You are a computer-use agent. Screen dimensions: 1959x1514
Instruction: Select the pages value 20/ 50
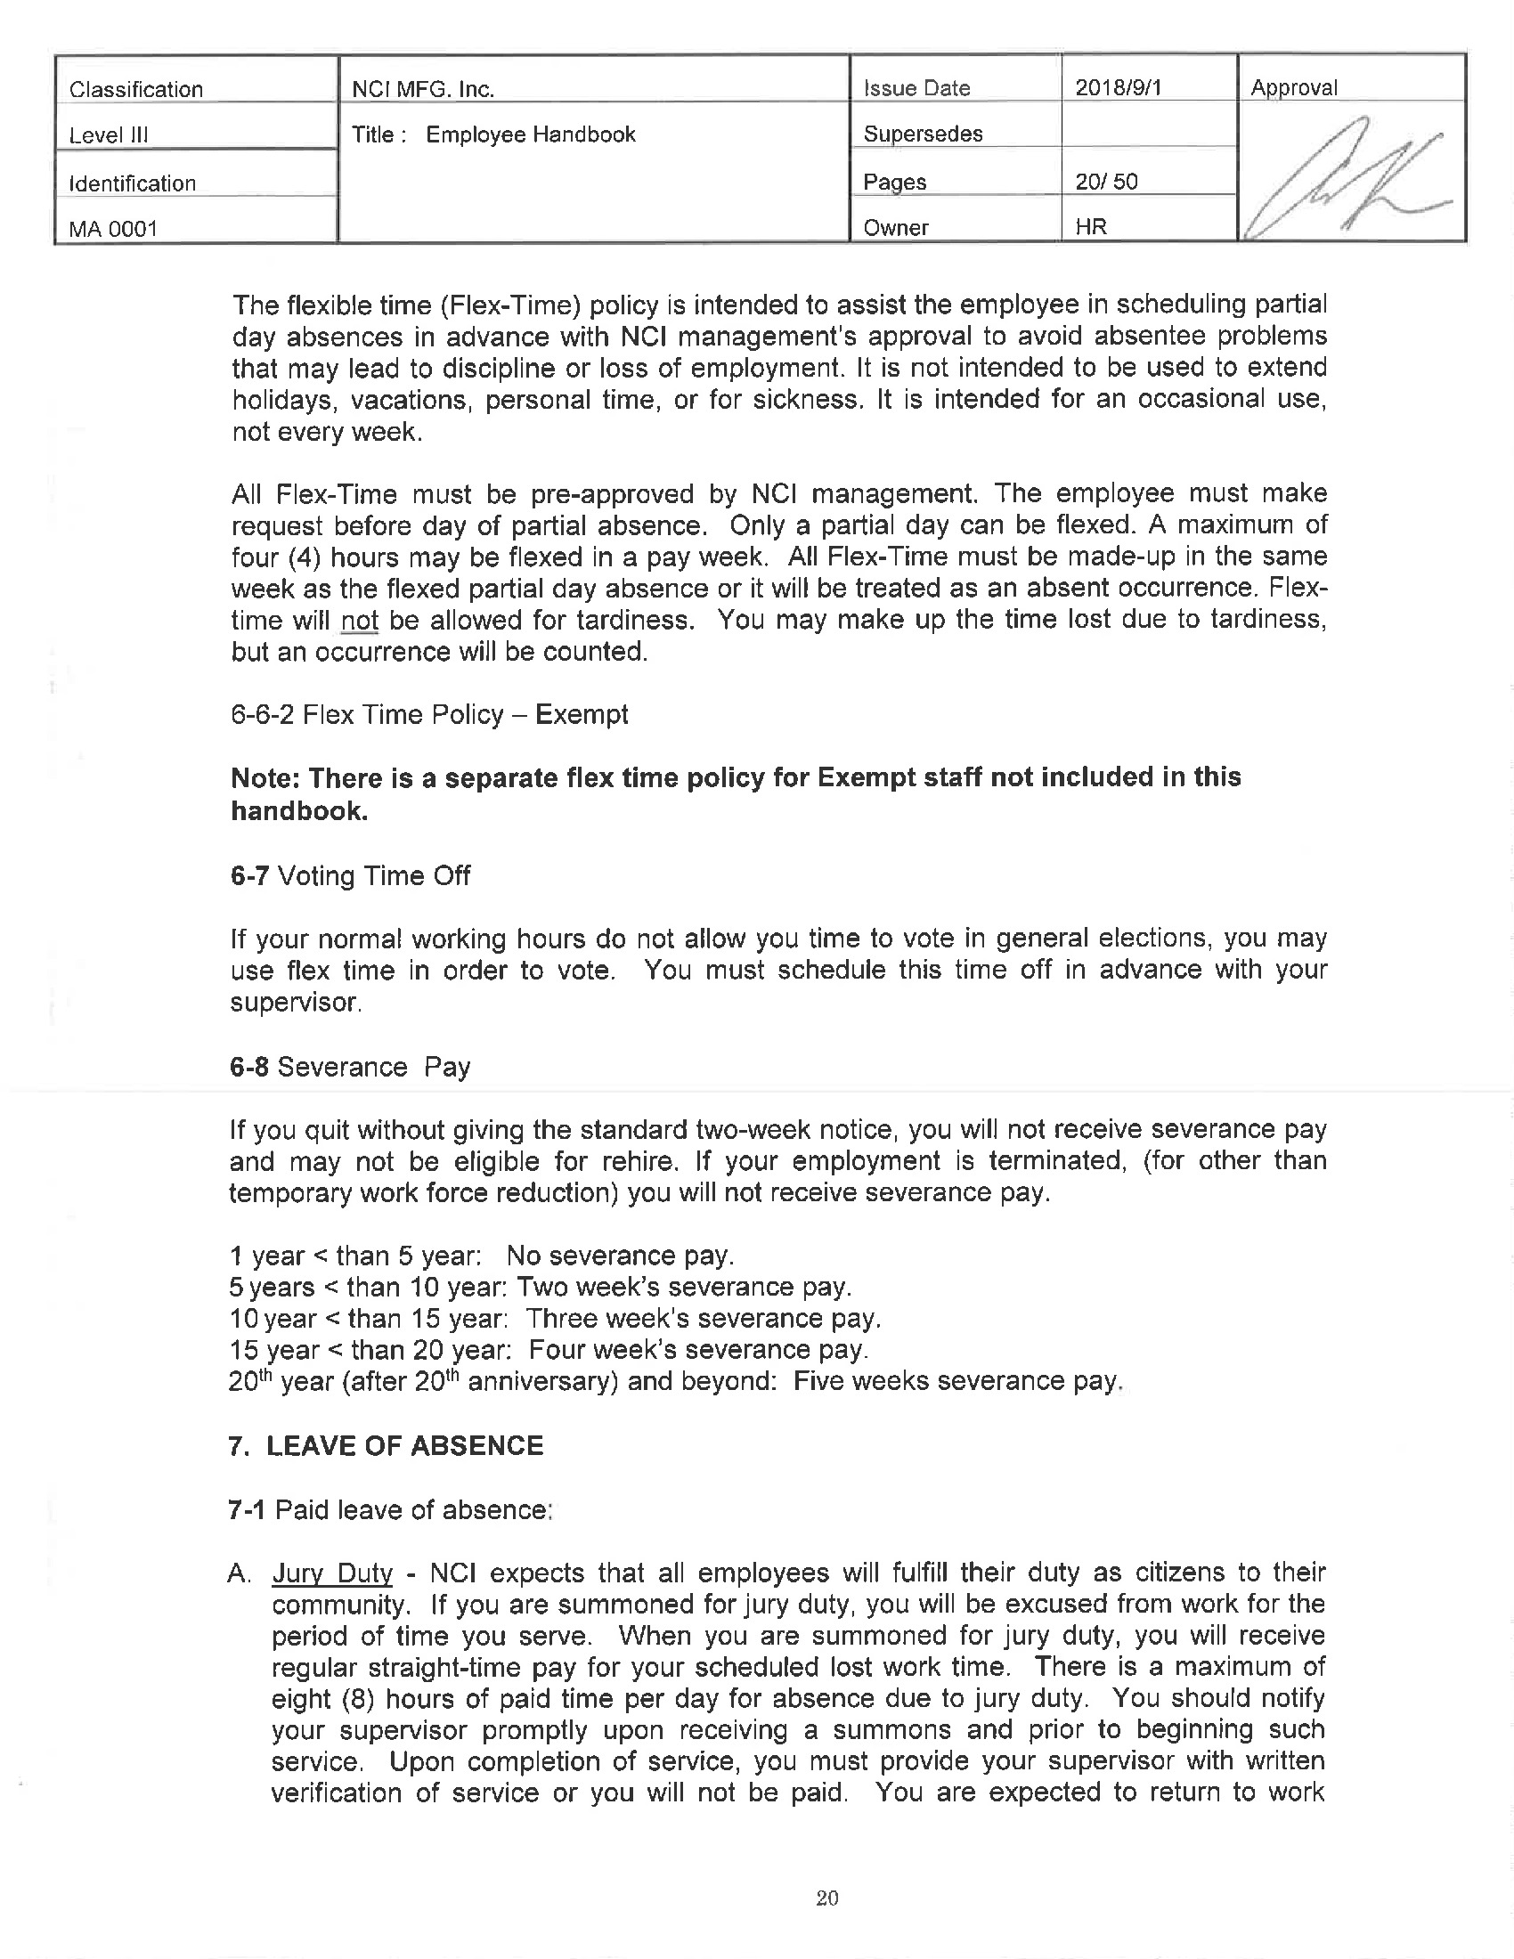click(x=1106, y=182)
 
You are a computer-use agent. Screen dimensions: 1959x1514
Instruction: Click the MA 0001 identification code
click(x=113, y=229)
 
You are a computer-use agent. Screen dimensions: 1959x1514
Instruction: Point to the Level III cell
click(x=109, y=135)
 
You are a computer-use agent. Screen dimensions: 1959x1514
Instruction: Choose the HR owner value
click(x=1091, y=227)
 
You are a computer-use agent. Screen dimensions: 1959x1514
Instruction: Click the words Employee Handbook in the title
click(x=530, y=134)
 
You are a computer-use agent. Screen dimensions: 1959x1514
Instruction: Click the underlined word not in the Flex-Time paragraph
click(x=360, y=621)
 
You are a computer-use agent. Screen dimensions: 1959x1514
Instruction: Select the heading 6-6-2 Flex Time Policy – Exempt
click(x=428, y=715)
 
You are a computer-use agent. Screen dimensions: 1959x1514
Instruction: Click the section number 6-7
click(x=248, y=875)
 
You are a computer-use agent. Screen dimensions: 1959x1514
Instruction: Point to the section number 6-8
click(x=248, y=1067)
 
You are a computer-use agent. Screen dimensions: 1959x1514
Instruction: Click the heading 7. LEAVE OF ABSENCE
click(x=387, y=1446)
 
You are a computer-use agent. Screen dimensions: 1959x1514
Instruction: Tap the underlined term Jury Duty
click(x=332, y=1573)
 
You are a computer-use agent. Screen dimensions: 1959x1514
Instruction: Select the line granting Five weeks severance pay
click(x=674, y=1381)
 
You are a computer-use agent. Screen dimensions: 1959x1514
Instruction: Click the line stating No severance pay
click(x=482, y=1256)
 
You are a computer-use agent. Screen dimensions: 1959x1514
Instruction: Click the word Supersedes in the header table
click(x=923, y=134)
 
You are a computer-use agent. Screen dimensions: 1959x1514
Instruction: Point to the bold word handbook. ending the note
click(x=299, y=811)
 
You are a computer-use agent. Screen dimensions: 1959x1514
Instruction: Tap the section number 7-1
click(x=247, y=1510)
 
